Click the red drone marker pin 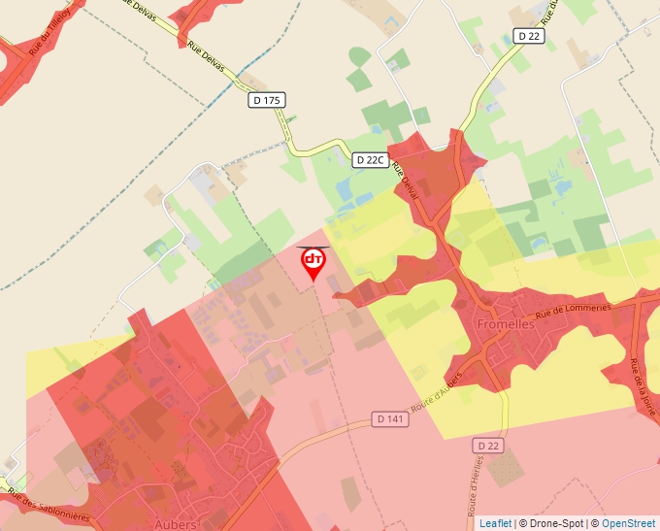(313, 262)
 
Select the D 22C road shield (370, 160)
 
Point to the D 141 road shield (389, 419)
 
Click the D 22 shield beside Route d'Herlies (491, 445)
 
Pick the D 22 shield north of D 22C (528, 36)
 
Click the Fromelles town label (505, 324)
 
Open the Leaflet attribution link (495, 523)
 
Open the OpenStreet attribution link (630, 523)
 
